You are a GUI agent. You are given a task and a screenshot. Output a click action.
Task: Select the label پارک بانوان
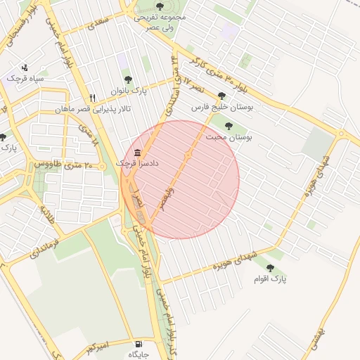[128, 91]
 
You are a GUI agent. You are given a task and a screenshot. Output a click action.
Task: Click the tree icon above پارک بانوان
[127, 79]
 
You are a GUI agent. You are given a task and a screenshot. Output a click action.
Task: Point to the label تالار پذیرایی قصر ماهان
[94, 110]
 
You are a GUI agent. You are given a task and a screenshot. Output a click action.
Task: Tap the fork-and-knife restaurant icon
[92, 98]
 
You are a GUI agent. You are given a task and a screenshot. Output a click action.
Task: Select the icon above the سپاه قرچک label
[25, 67]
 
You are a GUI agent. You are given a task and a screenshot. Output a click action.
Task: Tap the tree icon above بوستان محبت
[228, 126]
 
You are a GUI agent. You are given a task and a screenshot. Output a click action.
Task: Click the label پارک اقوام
[271, 279]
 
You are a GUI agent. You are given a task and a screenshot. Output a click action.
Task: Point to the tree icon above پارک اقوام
[270, 267]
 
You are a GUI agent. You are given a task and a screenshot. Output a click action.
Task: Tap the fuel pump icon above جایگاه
[137, 344]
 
